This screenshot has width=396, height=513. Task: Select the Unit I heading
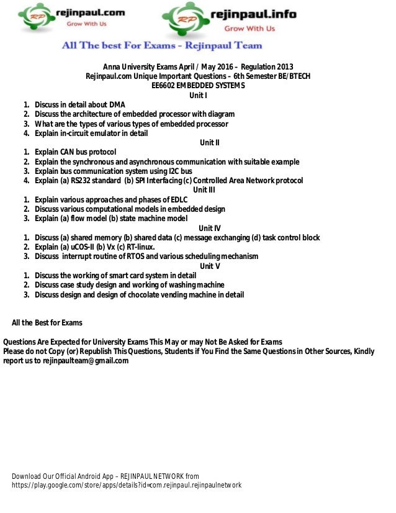click(198, 95)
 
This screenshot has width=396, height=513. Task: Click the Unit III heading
click(205, 190)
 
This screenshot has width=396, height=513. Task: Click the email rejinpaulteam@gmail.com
click(86, 360)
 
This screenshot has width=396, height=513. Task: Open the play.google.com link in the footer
click(127, 485)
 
